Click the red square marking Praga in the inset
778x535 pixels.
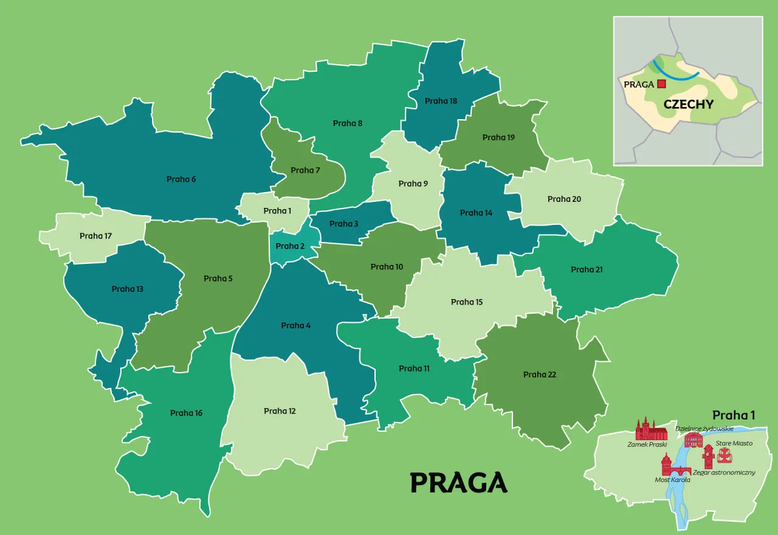point(662,85)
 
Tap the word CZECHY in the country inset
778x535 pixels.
point(688,104)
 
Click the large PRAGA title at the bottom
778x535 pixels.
point(459,483)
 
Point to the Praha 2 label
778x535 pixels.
point(290,246)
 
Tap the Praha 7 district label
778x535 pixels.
point(305,170)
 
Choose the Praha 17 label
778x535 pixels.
point(95,236)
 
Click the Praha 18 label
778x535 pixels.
point(441,101)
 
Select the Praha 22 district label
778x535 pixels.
point(540,374)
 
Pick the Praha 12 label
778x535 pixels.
point(280,411)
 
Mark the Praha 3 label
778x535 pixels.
point(344,224)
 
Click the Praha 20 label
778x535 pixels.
point(564,199)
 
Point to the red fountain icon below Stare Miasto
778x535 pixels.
point(725,455)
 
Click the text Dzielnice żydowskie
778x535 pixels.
point(704,429)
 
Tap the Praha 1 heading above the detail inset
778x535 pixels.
point(733,415)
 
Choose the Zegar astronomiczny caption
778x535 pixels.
point(724,472)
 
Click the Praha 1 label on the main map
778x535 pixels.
point(277,211)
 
